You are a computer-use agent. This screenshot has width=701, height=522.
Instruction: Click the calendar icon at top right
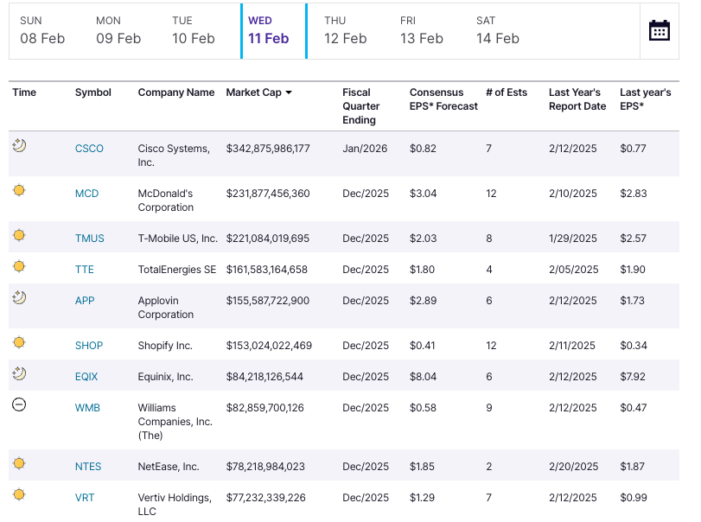coord(659,30)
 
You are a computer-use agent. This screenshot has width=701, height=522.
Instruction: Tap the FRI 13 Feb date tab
coord(421,30)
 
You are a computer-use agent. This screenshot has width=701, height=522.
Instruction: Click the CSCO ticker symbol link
coord(89,149)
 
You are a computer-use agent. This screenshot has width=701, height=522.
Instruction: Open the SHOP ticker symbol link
coord(89,346)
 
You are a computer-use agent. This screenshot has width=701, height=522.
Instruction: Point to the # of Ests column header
coord(507,92)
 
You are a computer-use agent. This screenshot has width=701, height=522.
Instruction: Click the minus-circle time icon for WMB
coord(19,404)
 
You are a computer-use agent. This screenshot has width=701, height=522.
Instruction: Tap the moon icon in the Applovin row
coord(19,298)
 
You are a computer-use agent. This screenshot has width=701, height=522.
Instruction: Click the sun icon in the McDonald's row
coord(19,190)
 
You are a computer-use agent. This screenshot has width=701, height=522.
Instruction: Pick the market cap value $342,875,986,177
coord(268,149)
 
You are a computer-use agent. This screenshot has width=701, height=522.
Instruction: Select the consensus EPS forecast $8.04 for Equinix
coord(423,377)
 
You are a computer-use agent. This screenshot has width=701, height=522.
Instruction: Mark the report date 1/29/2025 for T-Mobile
coord(573,239)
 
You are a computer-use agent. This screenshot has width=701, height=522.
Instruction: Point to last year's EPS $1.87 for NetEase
coord(633,467)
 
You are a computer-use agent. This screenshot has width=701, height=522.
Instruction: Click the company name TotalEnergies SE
coord(176,270)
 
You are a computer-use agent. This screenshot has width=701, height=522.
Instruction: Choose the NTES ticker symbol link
coord(88,467)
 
